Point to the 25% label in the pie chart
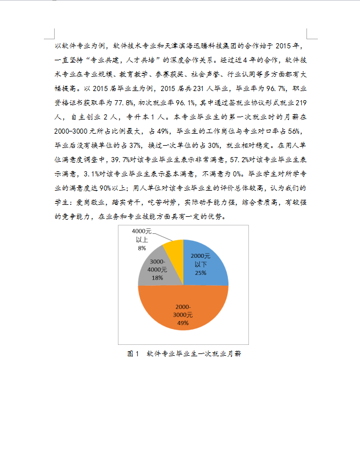point(201,273)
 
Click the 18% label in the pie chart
point(157,278)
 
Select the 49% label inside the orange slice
point(182,323)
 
